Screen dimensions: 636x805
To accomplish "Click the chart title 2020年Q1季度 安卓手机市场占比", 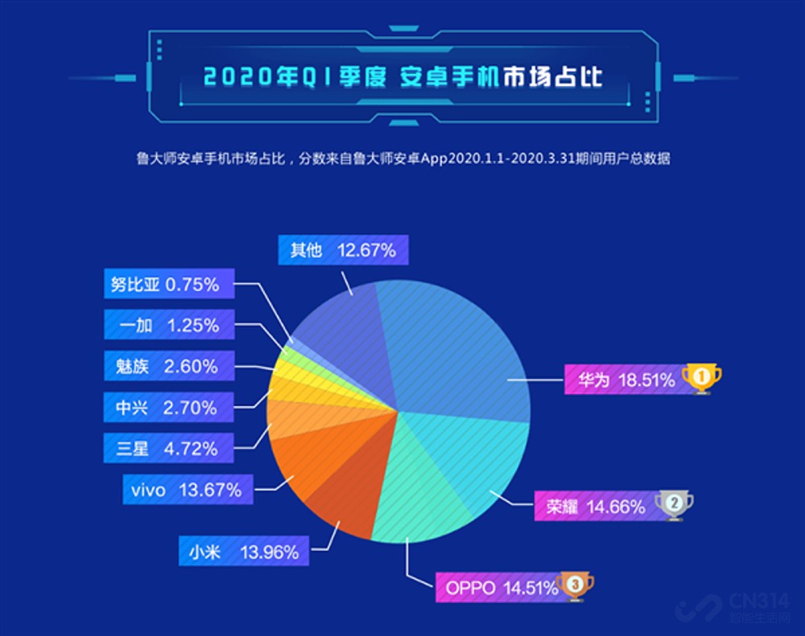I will [x=402, y=78].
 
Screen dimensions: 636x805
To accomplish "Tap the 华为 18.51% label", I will [x=621, y=380].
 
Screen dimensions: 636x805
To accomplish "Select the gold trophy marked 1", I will [x=701, y=377].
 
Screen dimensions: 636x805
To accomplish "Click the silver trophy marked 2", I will [x=673, y=504].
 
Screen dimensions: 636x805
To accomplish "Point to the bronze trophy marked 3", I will [x=574, y=585].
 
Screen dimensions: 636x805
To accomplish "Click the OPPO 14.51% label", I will [x=497, y=588].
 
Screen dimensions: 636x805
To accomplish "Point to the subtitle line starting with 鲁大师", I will [x=402, y=158].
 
